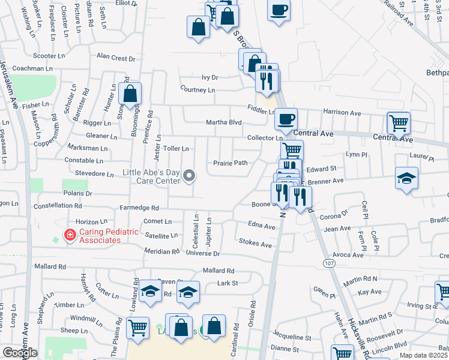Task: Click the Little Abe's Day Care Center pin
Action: pyautogui.click(x=190, y=176)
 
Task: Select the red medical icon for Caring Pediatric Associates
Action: pyautogui.click(x=70, y=235)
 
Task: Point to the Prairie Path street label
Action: pyautogui.click(x=231, y=163)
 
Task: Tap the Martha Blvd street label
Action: pyautogui.click(x=223, y=122)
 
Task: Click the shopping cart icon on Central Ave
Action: pyautogui.click(x=399, y=123)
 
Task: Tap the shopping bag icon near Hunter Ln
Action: pyautogui.click(x=130, y=94)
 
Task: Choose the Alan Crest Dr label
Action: pyautogui.click(x=116, y=58)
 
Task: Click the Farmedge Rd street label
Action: pyautogui.click(x=139, y=208)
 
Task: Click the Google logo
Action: pyautogui.click(x=20, y=353)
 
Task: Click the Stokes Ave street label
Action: pyautogui.click(x=255, y=244)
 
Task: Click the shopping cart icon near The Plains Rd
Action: pyautogui.click(x=138, y=328)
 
